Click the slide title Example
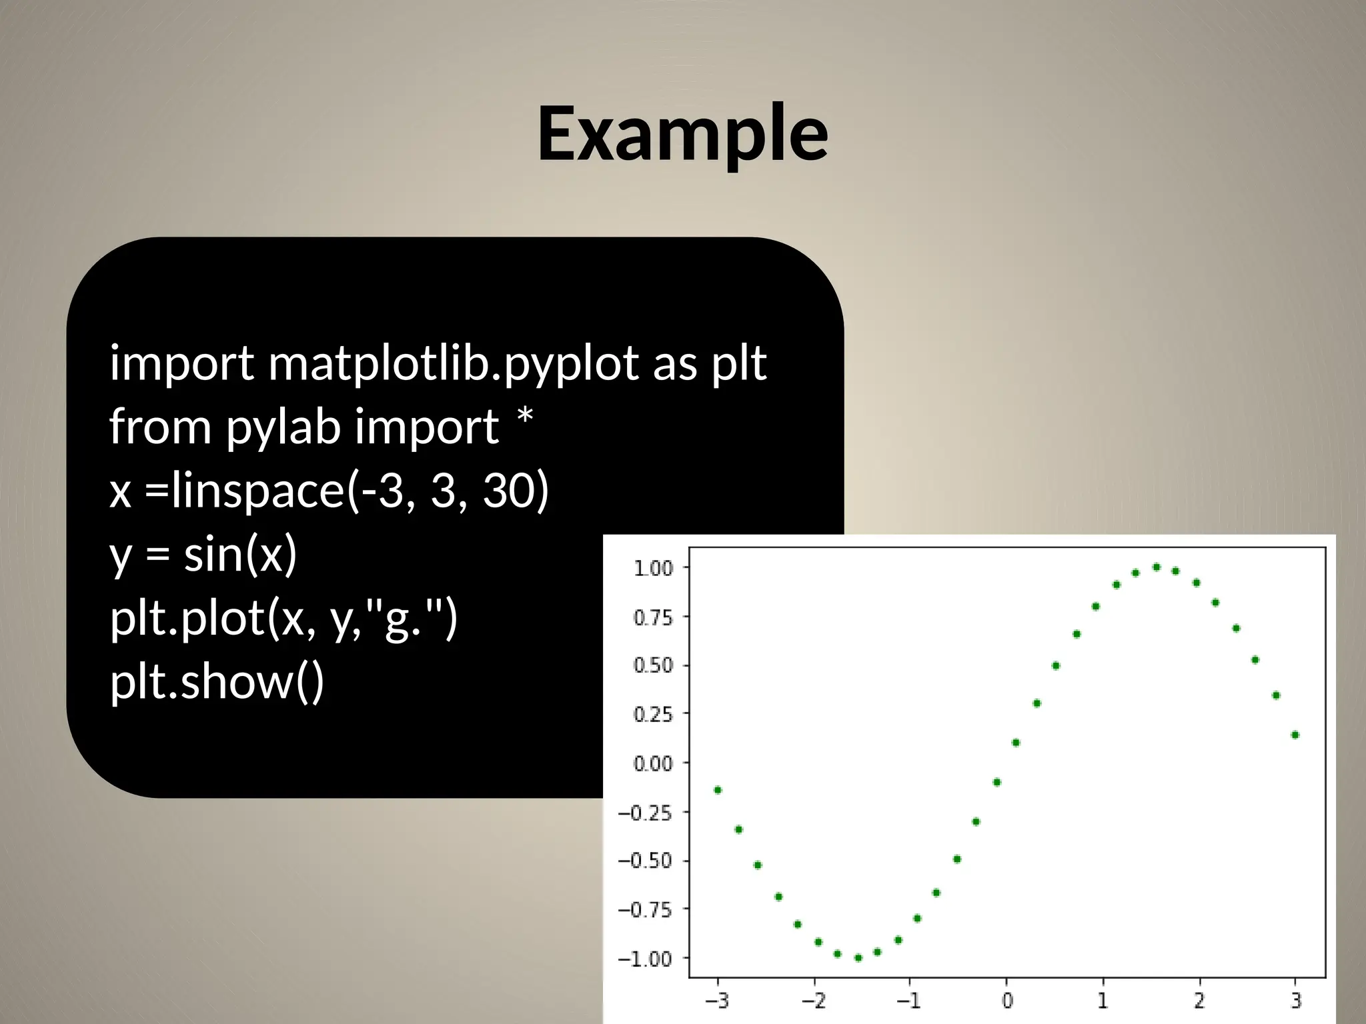pyautogui.click(x=682, y=135)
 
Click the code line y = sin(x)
pyautogui.click(x=203, y=555)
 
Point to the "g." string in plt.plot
pyautogui.click(x=404, y=619)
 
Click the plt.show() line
pyautogui.click(x=216, y=683)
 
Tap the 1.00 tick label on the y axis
pyautogui.click(x=652, y=569)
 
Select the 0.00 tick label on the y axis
pyautogui.click(x=652, y=763)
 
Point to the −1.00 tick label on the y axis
pyautogui.click(x=644, y=959)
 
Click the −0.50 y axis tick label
pyautogui.click(x=644, y=861)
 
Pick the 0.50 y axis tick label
pyautogui.click(x=652, y=666)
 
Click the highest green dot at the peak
pyautogui.click(x=1157, y=567)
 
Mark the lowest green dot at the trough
pyautogui.click(x=858, y=958)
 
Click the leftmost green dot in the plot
pyautogui.click(x=718, y=790)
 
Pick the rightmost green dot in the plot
pyautogui.click(x=1295, y=735)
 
